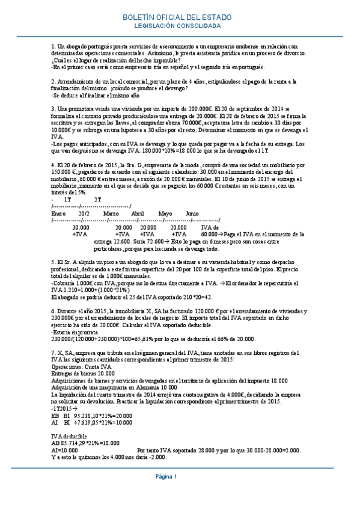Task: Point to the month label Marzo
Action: (111, 214)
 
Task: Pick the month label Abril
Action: (137, 214)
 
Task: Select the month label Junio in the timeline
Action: (192, 214)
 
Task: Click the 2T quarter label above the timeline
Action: (98, 199)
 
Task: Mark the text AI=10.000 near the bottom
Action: (64, 449)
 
